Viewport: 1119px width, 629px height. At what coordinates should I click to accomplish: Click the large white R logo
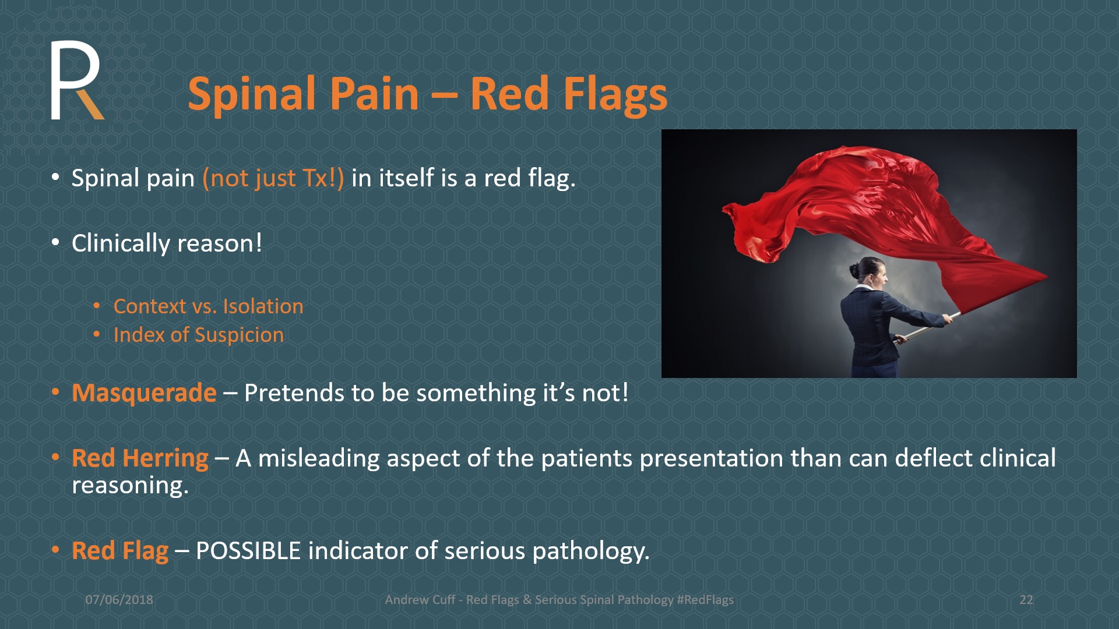pos(76,80)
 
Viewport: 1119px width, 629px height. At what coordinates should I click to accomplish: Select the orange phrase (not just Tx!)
pos(273,178)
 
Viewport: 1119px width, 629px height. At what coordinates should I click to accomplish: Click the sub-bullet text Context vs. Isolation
pos(208,306)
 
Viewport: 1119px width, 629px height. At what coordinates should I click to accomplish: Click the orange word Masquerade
pos(144,393)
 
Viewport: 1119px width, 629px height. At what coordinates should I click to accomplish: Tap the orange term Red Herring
pos(140,458)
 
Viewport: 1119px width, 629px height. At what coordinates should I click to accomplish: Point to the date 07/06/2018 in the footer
pos(119,600)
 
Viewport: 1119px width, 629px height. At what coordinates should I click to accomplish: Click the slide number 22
pos(1026,600)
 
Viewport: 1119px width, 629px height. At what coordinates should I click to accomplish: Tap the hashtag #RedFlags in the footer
pos(705,600)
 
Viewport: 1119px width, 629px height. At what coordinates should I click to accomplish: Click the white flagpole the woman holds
pos(927,326)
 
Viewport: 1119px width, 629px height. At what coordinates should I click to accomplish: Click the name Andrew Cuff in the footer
pos(420,600)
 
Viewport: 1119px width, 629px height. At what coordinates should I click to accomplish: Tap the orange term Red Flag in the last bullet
pos(120,551)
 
